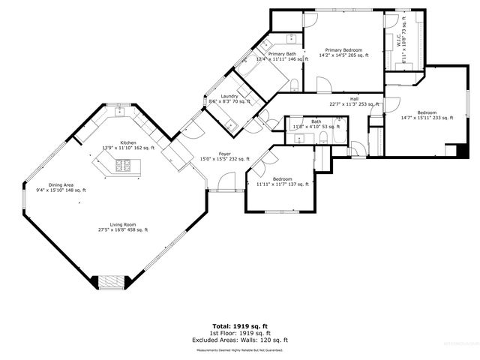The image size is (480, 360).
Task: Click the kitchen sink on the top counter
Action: (x=118, y=113)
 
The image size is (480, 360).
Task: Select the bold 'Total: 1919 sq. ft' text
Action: (x=240, y=325)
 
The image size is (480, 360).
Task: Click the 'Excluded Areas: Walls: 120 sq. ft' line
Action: (x=240, y=340)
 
